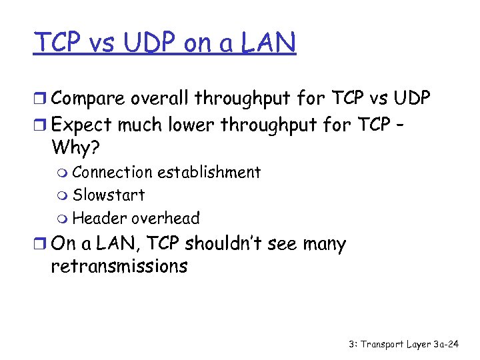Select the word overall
[x=159, y=99]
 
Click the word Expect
[x=79, y=124]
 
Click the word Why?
[x=73, y=147]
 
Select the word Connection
[x=112, y=172]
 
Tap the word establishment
[x=209, y=172]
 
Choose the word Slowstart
[x=108, y=195]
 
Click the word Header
[x=99, y=218]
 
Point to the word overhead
[x=165, y=218]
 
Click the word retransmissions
[x=119, y=267]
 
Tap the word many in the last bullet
[x=324, y=245]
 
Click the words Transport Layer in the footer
[x=396, y=345]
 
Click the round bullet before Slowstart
[x=63, y=196]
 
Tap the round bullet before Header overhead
[x=63, y=219]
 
